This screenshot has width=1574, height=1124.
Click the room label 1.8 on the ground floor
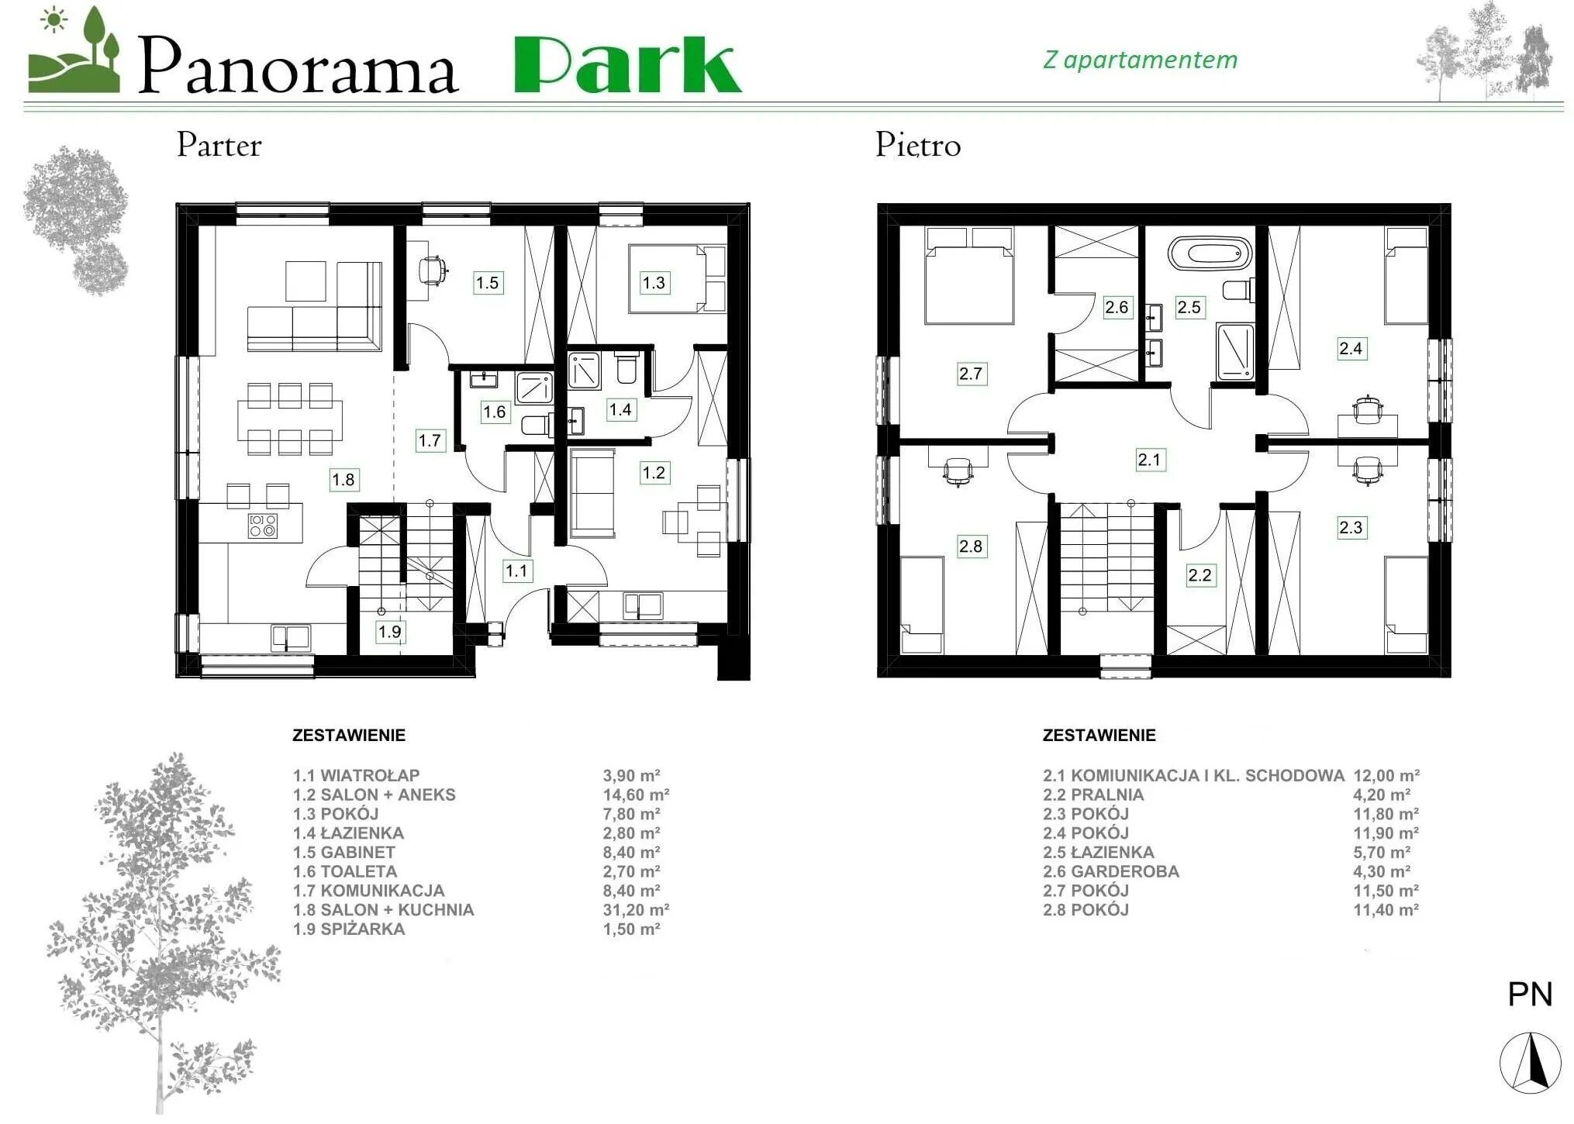coord(343,480)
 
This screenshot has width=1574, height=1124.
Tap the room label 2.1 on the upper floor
coord(1149,460)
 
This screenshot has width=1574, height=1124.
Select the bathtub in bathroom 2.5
coord(1210,253)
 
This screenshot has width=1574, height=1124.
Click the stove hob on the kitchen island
coord(263,526)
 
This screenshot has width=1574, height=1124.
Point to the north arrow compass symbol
coord(1530,1063)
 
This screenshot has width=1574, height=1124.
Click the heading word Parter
coord(219,145)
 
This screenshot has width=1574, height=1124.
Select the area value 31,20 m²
coord(636,910)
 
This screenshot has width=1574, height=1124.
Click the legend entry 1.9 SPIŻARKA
coord(349,929)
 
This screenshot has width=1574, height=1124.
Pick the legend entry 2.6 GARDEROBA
coord(1111,871)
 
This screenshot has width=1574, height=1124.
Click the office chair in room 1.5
coord(432,271)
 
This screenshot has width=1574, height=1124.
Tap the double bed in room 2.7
coord(969,275)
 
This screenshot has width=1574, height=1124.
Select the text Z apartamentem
coord(1140,60)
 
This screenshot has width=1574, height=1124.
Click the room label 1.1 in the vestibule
coord(516,571)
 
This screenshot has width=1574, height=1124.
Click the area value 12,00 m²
coord(1386,775)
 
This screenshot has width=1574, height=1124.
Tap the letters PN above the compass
coord(1530,995)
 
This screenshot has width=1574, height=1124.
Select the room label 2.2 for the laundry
coord(1199,575)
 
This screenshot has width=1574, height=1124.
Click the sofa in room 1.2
coord(592,494)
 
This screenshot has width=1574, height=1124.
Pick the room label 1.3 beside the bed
coord(654,283)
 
